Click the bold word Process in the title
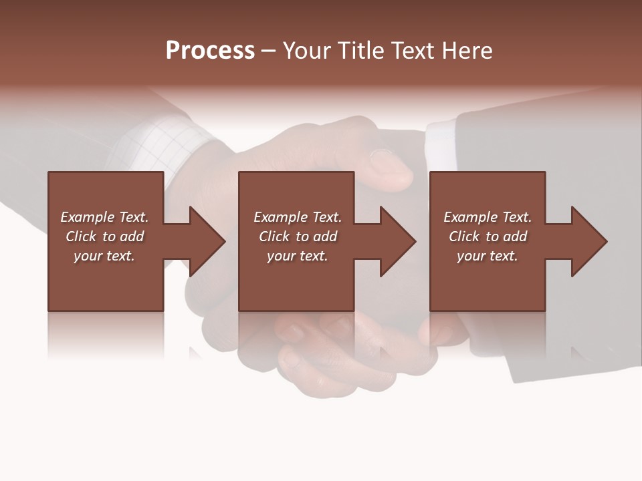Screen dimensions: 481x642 [x=210, y=51]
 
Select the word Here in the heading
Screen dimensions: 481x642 [x=466, y=51]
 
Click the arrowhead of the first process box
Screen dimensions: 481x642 [x=208, y=241]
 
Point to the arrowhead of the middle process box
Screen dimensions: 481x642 [x=399, y=241]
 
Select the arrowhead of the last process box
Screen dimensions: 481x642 [x=590, y=241]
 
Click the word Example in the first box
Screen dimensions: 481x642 [x=88, y=217]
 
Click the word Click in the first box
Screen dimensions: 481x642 [x=81, y=236]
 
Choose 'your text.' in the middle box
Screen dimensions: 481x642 [x=297, y=256]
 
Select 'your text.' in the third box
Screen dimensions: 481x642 [x=487, y=256]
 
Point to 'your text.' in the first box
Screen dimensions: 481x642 [x=104, y=256]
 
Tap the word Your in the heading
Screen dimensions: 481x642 [x=306, y=51]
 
